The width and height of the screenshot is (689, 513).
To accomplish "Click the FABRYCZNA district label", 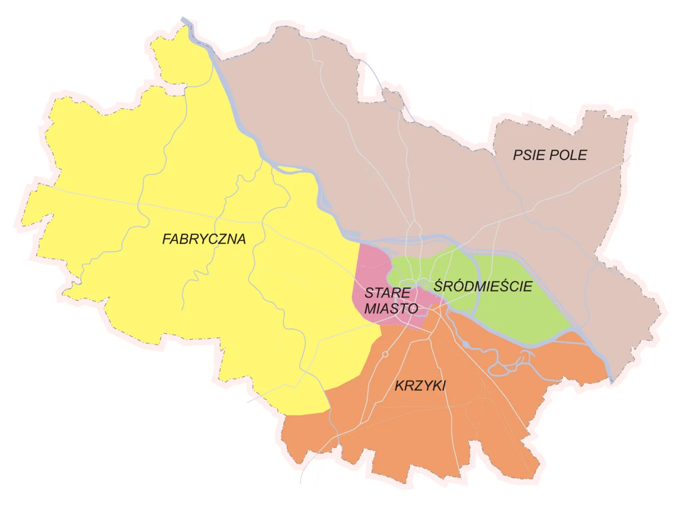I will (x=203, y=239).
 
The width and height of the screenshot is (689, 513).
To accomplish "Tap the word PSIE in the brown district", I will (x=526, y=155).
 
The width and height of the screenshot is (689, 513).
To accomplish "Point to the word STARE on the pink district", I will (x=387, y=293).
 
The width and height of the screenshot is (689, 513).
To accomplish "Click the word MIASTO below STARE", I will (x=391, y=309).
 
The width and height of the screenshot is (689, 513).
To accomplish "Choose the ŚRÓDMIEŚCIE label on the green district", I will (x=482, y=286).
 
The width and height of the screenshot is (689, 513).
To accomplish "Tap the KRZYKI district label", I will (x=420, y=386).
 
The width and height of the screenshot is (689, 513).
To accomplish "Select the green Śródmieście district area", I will (x=517, y=312).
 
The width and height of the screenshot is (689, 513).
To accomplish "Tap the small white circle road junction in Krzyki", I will (x=385, y=354).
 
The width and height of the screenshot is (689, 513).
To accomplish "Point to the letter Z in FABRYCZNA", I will (x=221, y=239).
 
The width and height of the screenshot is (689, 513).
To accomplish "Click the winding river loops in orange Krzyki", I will (x=506, y=366).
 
